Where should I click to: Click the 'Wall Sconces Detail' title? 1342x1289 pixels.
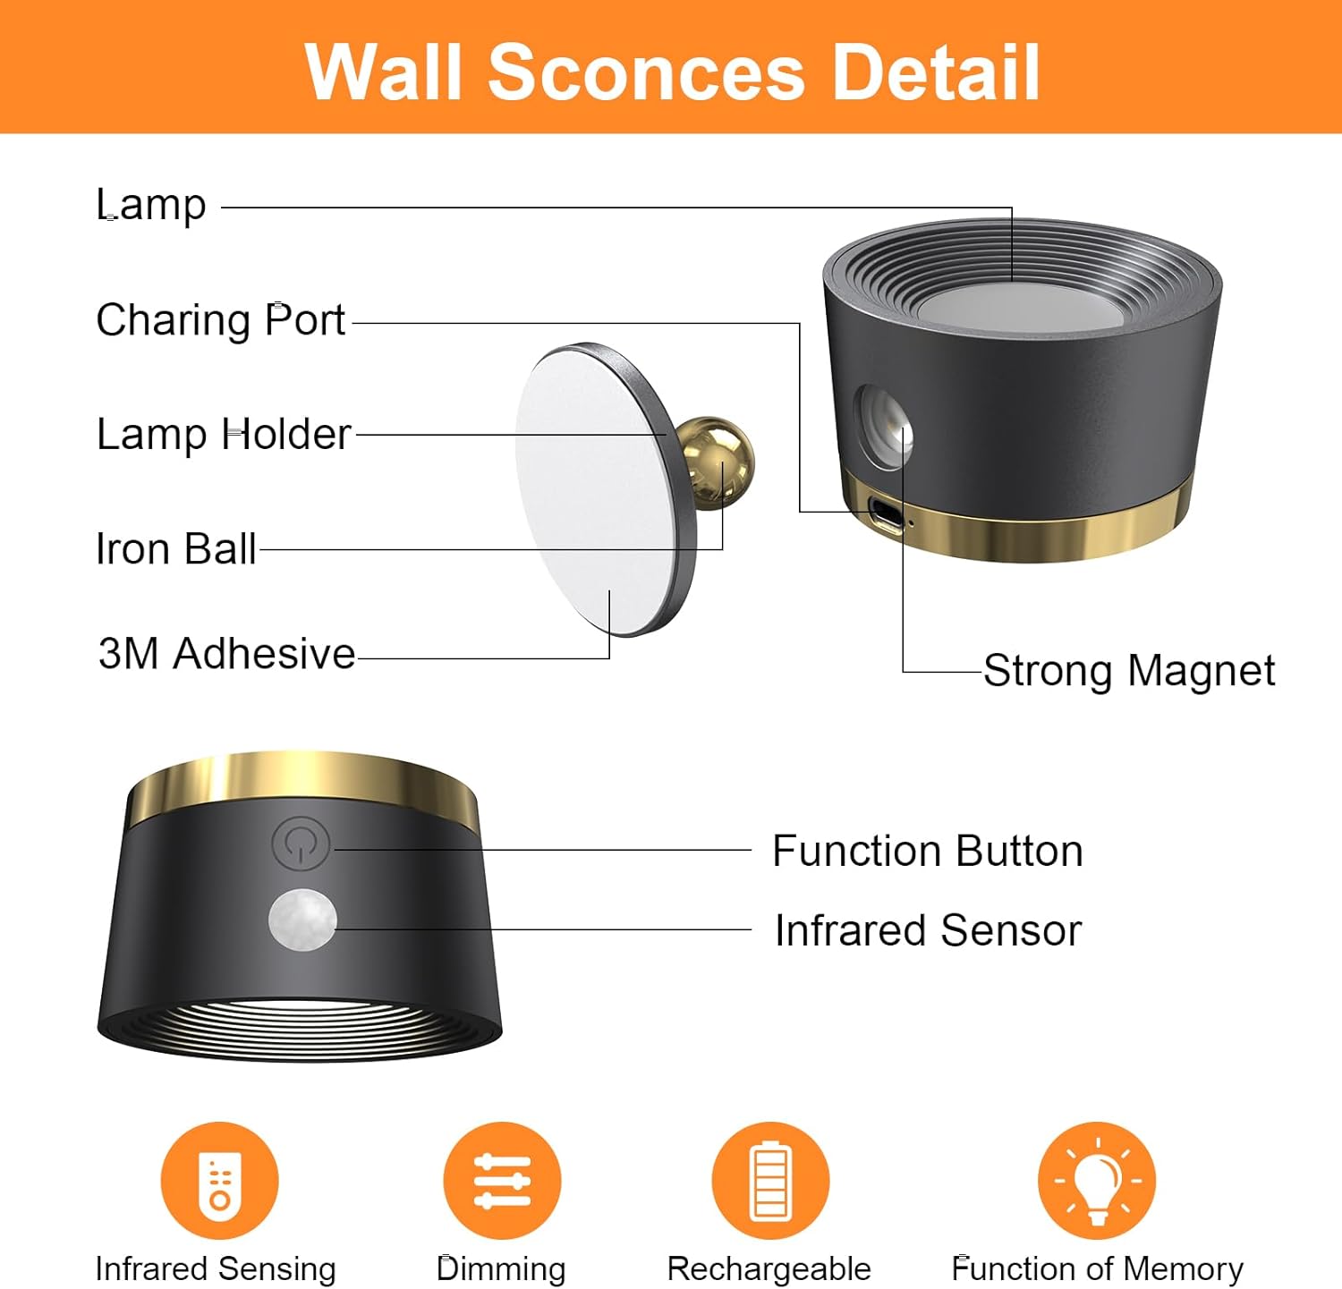(672, 72)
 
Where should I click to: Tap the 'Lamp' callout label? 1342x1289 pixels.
(151, 205)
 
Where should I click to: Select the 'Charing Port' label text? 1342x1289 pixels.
(220, 320)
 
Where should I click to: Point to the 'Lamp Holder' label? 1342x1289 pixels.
(224, 435)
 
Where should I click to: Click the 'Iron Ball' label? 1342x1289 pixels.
(176, 548)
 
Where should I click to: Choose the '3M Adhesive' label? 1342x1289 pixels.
(226, 654)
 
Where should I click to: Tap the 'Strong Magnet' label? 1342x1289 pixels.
(1128, 670)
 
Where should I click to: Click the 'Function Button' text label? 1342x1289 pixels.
(928, 851)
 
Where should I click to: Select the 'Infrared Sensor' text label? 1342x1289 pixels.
(928, 930)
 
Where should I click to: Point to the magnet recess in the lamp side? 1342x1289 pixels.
(884, 425)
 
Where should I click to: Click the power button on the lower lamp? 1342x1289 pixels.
(301, 843)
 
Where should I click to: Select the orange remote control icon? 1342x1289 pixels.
(219, 1181)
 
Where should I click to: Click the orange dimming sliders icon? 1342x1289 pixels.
(502, 1181)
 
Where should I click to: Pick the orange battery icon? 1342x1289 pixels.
(770, 1181)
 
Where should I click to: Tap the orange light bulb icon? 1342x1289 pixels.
(1097, 1181)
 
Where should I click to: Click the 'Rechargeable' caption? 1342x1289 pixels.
(769, 1268)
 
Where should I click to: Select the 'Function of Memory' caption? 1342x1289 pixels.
(1097, 1268)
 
